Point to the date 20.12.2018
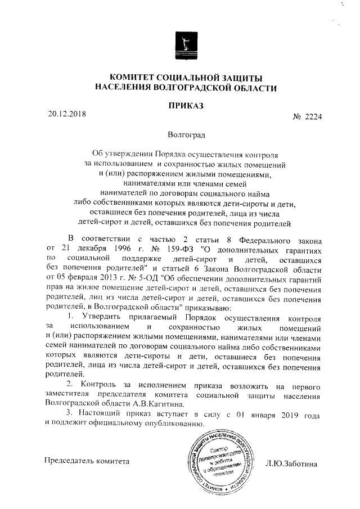tap(67, 114)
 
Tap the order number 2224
tap(314, 117)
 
